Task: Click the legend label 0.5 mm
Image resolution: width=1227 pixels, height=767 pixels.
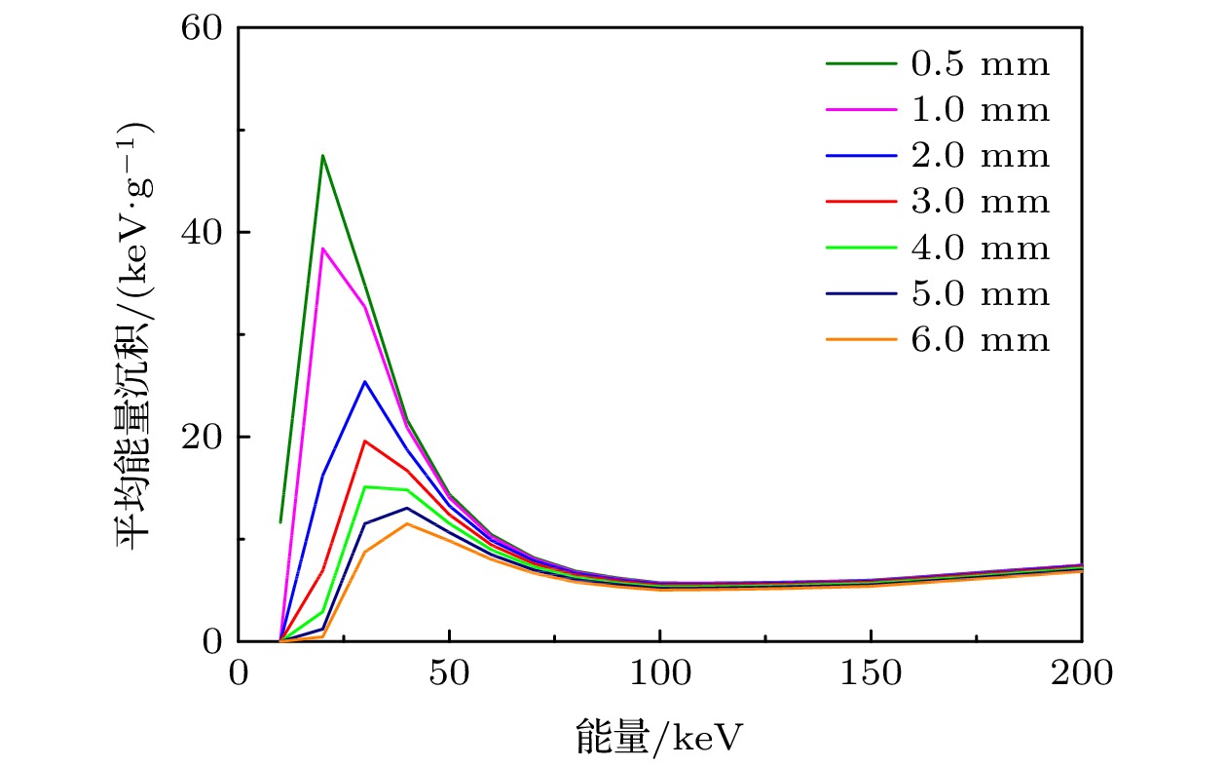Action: tap(981, 65)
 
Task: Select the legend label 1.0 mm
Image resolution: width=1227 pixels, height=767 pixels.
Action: tap(981, 111)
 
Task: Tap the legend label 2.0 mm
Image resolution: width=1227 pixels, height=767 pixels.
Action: tap(981, 157)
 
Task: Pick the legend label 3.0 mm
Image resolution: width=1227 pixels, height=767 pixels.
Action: tap(981, 203)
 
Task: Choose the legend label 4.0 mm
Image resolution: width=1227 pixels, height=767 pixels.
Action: tap(981, 249)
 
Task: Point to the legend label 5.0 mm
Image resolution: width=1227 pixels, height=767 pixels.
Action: tap(981, 294)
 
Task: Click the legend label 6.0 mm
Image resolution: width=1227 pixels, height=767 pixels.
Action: tap(981, 340)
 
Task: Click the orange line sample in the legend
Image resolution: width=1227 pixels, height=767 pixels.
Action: tap(860, 340)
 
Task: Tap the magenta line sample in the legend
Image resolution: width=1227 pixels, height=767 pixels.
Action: tap(860, 111)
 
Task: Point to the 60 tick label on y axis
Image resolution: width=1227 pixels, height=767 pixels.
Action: tap(203, 28)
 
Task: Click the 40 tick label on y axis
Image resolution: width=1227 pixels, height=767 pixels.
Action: tap(203, 233)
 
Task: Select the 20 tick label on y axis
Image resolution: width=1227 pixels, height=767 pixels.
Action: tap(203, 438)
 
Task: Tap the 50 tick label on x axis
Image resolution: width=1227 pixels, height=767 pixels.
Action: tap(449, 674)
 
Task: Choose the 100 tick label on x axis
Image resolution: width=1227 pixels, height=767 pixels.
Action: tap(659, 674)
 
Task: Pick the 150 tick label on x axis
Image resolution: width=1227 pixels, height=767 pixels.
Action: tap(871, 674)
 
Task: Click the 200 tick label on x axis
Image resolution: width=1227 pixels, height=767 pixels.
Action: tap(1081, 674)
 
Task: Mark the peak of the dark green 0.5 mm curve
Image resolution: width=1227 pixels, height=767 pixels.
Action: tap(322, 155)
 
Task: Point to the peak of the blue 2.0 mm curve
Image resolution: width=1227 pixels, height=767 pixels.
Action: tap(364, 381)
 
